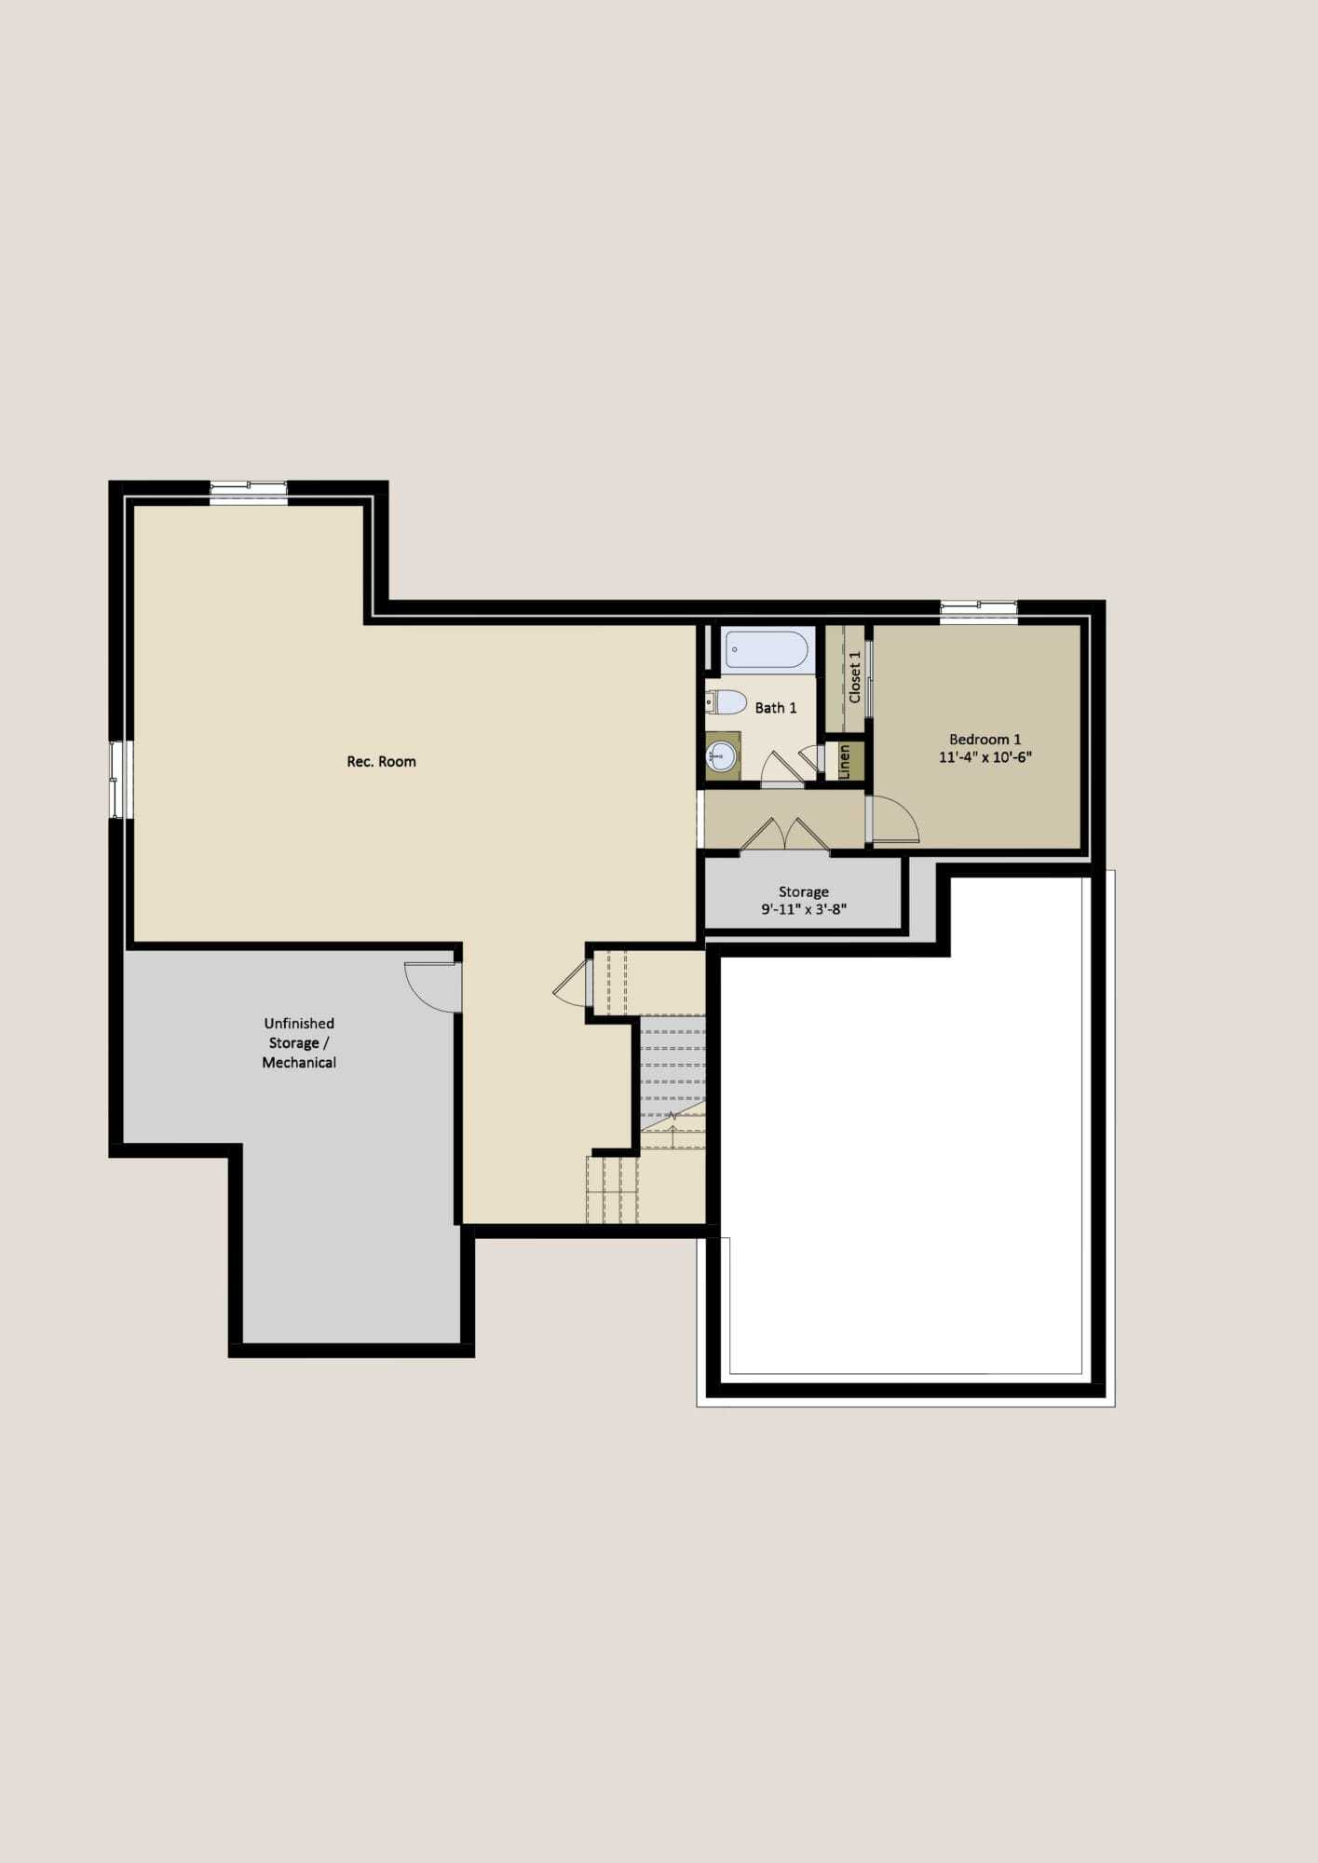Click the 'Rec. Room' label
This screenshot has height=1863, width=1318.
pyautogui.click(x=381, y=761)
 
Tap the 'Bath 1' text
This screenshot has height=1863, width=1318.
pyautogui.click(x=775, y=708)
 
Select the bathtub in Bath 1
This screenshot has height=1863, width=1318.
pyautogui.click(x=767, y=649)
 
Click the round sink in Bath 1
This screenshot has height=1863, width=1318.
pyautogui.click(x=722, y=755)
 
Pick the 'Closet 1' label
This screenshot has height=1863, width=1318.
pyautogui.click(x=854, y=676)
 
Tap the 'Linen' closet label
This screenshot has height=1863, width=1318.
pyautogui.click(x=845, y=761)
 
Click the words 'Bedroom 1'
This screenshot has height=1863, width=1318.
pyautogui.click(x=985, y=740)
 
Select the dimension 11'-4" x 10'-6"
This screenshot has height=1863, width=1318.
pyautogui.click(x=985, y=757)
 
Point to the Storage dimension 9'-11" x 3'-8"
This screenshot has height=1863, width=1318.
pyautogui.click(x=804, y=909)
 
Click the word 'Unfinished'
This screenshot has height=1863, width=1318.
pyautogui.click(x=299, y=1023)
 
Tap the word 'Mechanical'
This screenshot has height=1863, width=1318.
pyautogui.click(x=299, y=1063)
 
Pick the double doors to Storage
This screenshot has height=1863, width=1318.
pyautogui.click(x=785, y=835)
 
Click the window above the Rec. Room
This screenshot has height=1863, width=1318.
pyautogui.click(x=248, y=492)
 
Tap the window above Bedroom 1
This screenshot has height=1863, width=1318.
pyautogui.click(x=978, y=611)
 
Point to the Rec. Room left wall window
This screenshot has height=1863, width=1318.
pyautogui.click(x=117, y=780)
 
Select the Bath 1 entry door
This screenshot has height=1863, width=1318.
pyautogui.click(x=783, y=768)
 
